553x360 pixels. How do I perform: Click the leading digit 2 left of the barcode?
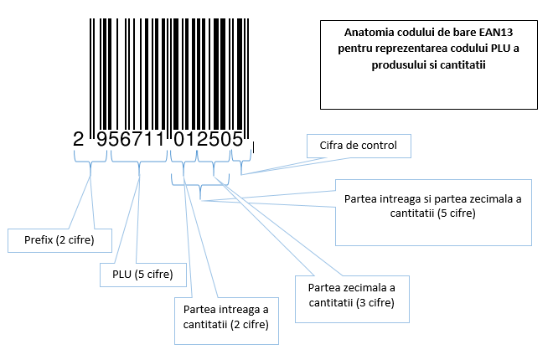tap(79, 140)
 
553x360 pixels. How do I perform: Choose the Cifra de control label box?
tap(358, 146)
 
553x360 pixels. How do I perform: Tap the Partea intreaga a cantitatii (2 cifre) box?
tap(225, 317)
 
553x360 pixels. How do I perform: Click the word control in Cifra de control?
tap(378, 146)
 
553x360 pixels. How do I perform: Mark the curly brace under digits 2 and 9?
tap(91, 159)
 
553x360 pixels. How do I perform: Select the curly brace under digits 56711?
tap(140, 159)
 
